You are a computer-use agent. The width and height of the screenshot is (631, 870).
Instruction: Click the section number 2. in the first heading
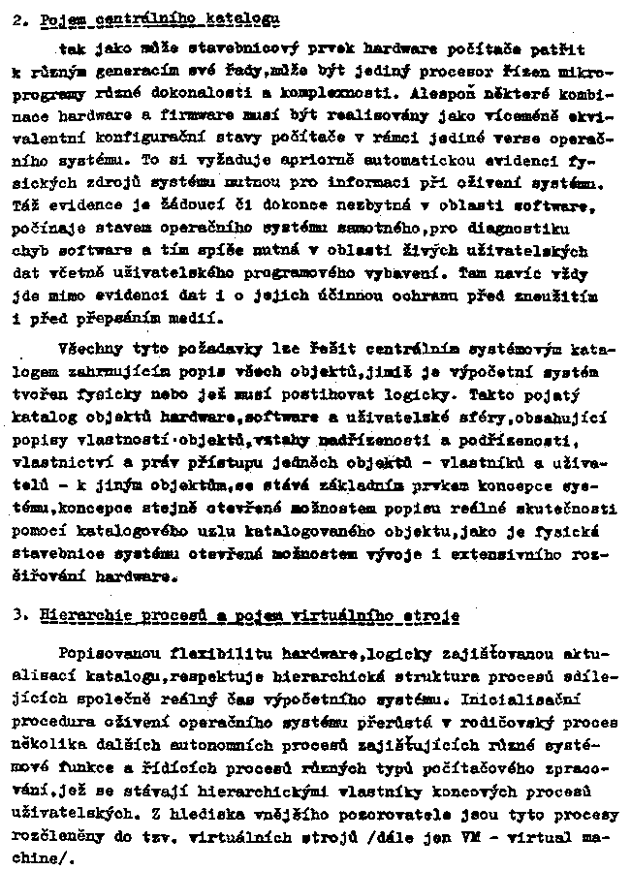click(x=21, y=17)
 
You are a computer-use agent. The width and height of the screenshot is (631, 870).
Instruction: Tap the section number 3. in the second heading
click(x=21, y=616)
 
